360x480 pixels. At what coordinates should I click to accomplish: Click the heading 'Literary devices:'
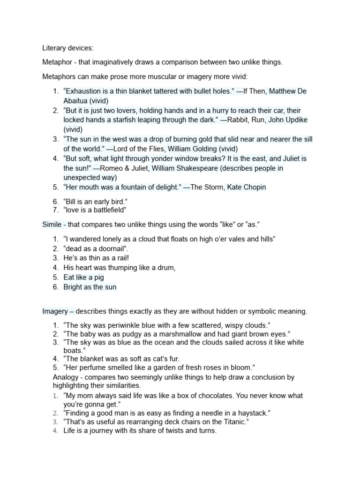68,48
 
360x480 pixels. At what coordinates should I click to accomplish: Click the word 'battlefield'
106,210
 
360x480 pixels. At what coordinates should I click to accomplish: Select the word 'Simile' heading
52,225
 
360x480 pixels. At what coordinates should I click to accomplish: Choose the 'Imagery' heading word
55,311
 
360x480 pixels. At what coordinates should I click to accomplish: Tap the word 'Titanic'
232,422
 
